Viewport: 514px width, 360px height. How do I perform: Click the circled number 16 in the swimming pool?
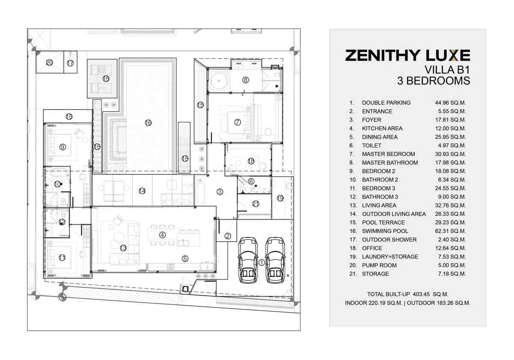148,123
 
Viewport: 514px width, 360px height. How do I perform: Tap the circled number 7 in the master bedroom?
237,122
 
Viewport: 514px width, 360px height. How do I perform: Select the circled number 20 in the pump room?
49,63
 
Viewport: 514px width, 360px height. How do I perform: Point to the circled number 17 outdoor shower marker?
70,63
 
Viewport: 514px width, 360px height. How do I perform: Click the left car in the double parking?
248,260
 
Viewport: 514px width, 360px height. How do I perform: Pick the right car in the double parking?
275,260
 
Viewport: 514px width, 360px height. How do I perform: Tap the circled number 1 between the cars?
262,262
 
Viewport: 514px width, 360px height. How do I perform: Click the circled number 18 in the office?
251,161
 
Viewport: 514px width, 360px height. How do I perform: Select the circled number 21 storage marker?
256,204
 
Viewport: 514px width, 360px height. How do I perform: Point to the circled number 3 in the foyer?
220,192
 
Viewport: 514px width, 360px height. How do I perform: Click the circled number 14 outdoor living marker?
142,191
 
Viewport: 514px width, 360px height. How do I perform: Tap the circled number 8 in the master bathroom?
245,80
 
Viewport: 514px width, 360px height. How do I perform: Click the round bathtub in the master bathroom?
219,81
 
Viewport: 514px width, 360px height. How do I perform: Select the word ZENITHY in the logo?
383,56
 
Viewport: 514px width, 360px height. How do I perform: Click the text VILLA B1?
447,70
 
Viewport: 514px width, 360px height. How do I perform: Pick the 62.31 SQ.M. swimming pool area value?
451,231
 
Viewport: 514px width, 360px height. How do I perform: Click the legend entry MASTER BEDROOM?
388,154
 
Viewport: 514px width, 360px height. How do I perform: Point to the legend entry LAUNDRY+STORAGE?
390,257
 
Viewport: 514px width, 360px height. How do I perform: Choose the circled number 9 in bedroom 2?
63,147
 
